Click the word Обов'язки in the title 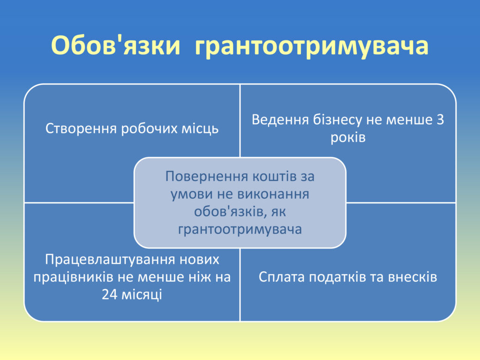115,46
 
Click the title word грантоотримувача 311,46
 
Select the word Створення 81,129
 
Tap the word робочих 150,129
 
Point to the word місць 200,129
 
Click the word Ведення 280,120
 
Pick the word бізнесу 337,120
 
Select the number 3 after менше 440,120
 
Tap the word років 348,138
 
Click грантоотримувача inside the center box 240,230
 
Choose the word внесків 412,277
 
